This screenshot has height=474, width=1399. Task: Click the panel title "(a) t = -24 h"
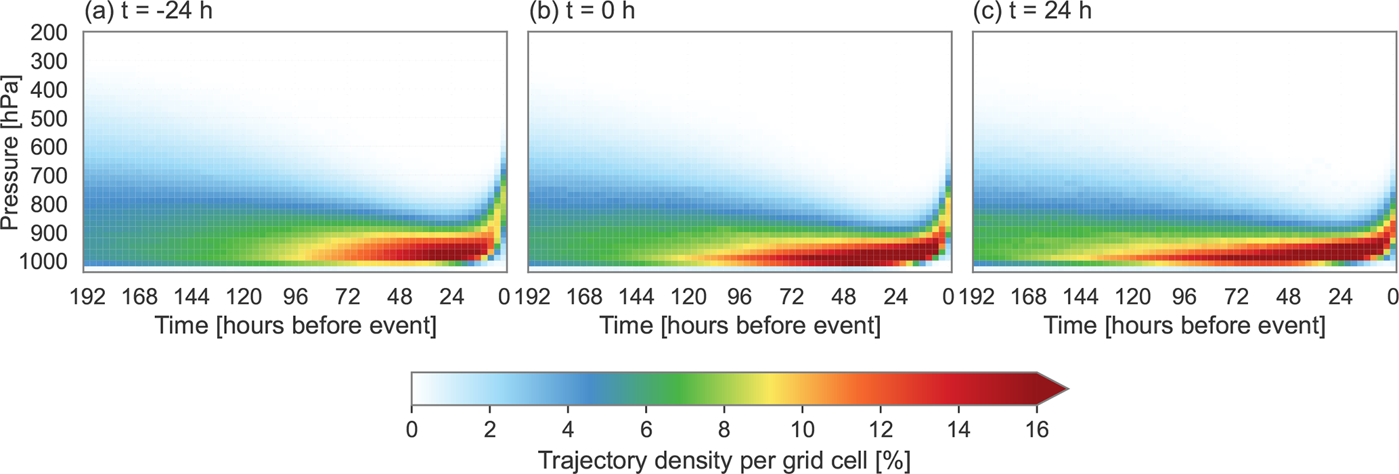pyautogui.click(x=148, y=11)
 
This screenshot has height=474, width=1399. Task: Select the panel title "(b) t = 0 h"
pyautogui.click(x=582, y=11)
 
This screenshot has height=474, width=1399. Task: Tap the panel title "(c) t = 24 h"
pyautogui.click(x=1032, y=11)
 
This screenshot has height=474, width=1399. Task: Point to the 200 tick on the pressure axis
pyautogui.click(x=49, y=32)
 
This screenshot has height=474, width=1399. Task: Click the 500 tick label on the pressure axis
pyautogui.click(x=49, y=119)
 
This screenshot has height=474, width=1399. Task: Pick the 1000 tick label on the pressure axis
pyautogui.click(x=43, y=262)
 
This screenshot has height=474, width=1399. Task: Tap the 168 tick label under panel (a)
pyautogui.click(x=139, y=296)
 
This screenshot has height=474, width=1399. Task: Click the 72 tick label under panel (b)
pyautogui.click(x=792, y=296)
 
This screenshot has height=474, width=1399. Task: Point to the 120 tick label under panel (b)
pyautogui.click(x=688, y=296)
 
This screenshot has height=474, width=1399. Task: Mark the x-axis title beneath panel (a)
pyautogui.click(x=296, y=326)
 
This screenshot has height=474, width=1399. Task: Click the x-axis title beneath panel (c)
pyautogui.click(x=1184, y=326)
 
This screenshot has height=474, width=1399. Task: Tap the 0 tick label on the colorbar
pyautogui.click(x=412, y=429)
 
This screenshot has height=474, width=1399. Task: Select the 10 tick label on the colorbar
pyautogui.click(x=802, y=429)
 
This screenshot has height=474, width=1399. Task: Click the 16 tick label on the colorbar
pyautogui.click(x=1036, y=429)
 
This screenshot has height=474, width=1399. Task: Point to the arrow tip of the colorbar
pyautogui.click(x=1067, y=389)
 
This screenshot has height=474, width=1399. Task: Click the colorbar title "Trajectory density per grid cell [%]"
pyautogui.click(x=724, y=460)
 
